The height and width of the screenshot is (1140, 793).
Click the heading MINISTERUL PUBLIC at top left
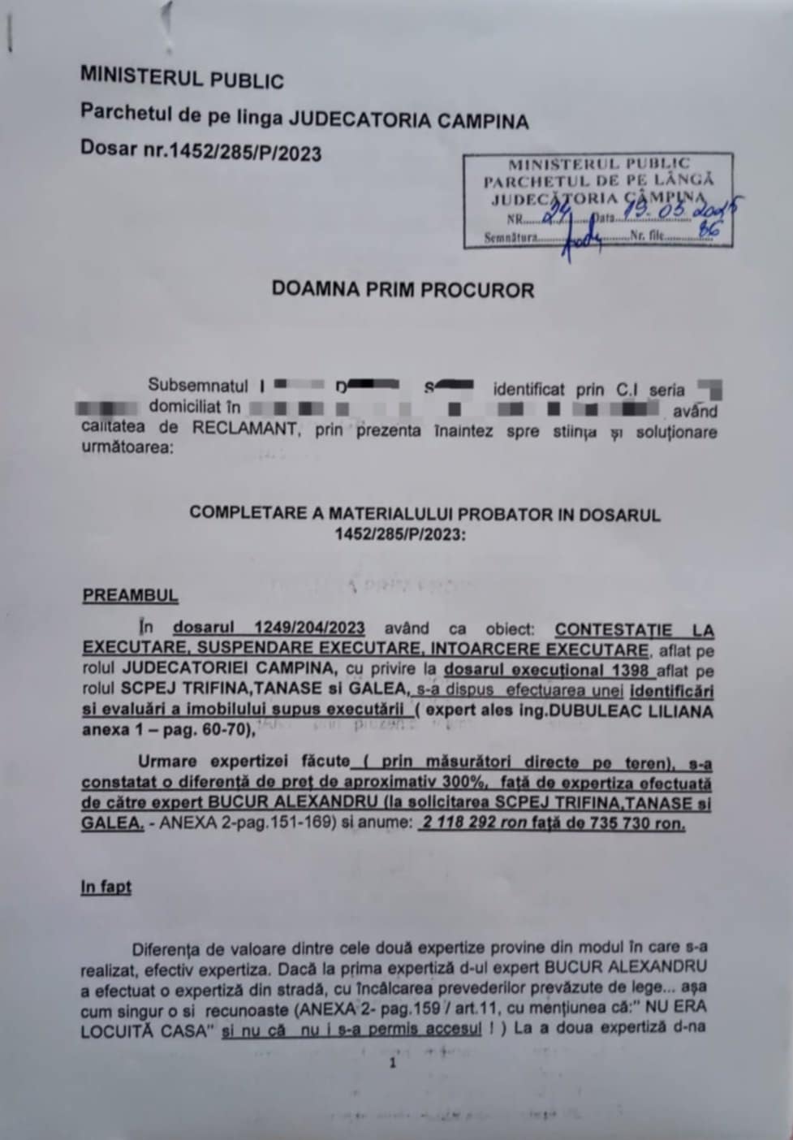tap(182, 79)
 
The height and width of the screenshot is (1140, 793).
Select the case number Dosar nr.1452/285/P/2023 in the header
tap(200, 152)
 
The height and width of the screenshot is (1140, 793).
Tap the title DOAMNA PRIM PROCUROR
tap(403, 290)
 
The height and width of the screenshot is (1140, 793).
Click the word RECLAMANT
tap(245, 429)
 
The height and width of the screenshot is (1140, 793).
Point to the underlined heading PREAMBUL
tap(130, 595)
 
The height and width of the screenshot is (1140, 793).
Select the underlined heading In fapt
tap(106, 887)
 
